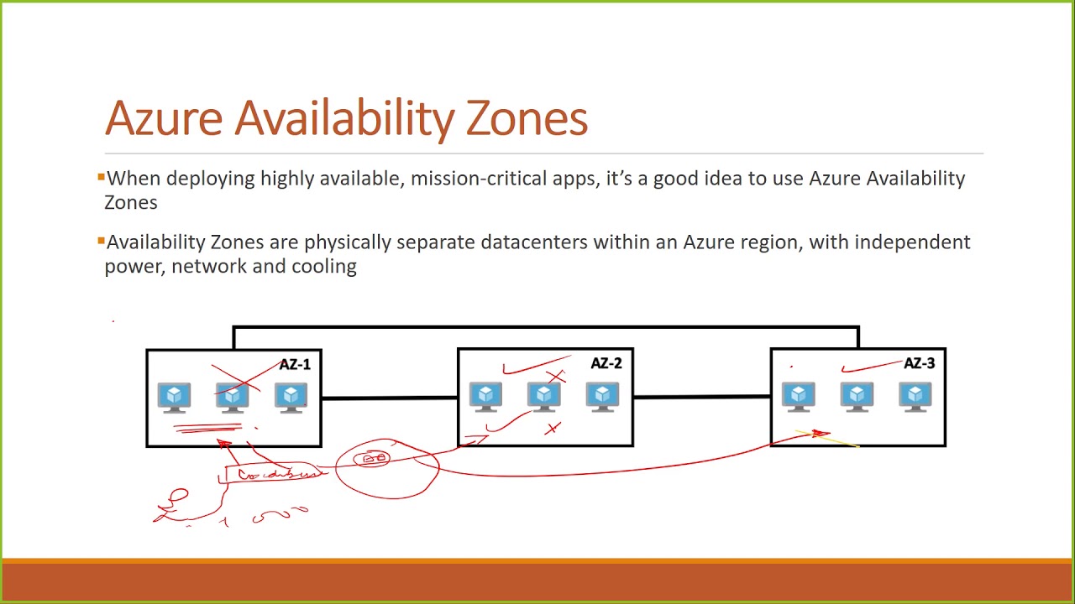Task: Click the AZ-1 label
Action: pos(295,364)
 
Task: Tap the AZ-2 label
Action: pos(606,363)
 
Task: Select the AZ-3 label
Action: pos(919,363)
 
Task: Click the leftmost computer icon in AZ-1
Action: pos(174,398)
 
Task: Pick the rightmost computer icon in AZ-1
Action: pos(291,398)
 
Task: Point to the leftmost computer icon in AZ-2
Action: pos(485,398)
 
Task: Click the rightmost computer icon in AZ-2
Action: pos(602,398)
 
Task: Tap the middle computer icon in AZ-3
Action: pos(857,398)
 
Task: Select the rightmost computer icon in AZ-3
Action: pos(915,398)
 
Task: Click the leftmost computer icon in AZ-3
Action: pos(798,398)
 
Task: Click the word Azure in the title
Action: pos(164,118)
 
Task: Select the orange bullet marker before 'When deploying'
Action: pos(101,177)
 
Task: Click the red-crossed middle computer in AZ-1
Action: pos(233,396)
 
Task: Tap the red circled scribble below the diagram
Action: pos(386,466)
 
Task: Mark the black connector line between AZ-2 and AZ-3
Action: pos(701,397)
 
